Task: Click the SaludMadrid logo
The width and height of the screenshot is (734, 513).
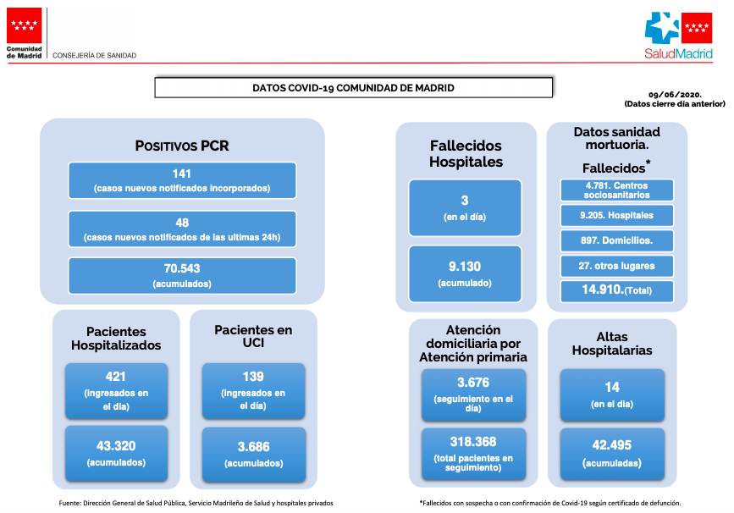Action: click(678, 36)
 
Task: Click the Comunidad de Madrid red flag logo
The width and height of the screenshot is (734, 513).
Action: click(24, 25)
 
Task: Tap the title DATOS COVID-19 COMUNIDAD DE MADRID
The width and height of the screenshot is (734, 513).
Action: click(353, 88)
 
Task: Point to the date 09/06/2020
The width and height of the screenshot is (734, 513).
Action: click(675, 95)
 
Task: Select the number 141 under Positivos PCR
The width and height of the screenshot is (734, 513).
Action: click(182, 174)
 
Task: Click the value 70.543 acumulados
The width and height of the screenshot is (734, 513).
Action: click(182, 268)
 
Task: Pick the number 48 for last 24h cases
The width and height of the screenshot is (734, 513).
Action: click(182, 223)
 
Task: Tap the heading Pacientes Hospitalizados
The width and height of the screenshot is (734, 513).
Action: click(116, 339)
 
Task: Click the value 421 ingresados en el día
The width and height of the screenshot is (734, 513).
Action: click(116, 377)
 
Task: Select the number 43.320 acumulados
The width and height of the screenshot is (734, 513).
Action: click(116, 445)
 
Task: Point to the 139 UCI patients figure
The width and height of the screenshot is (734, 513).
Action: click(253, 377)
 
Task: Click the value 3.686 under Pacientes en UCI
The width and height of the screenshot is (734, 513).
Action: click(254, 446)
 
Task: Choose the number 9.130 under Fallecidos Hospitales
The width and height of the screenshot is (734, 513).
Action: click(465, 267)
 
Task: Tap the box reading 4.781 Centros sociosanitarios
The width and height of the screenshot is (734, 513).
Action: click(617, 190)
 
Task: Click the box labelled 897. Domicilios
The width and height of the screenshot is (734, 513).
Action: click(617, 240)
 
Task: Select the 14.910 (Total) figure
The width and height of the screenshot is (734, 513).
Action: click(617, 290)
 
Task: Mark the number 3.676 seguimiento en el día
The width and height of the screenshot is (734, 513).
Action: click(473, 383)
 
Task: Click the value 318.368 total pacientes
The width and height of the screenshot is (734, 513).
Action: click(473, 441)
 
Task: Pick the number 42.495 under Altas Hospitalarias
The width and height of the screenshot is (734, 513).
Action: click(612, 444)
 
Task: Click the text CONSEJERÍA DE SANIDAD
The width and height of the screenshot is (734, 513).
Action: click(94, 55)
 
